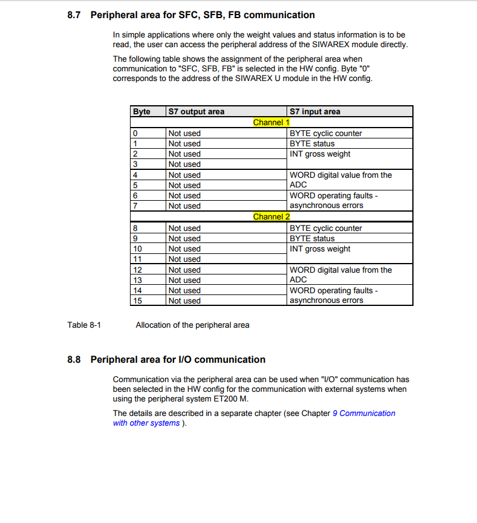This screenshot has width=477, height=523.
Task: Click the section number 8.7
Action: (74, 15)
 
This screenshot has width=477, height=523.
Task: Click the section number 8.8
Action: (74, 360)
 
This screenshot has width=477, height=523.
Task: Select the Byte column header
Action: (141, 112)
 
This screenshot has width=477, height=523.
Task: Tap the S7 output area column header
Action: (196, 112)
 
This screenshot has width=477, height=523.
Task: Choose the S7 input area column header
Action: (315, 112)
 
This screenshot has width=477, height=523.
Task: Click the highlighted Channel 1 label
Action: (271, 122)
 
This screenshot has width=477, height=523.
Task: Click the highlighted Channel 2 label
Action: (271, 217)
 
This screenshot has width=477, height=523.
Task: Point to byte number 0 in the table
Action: (135, 134)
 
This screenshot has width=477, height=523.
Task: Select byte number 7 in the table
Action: (135, 206)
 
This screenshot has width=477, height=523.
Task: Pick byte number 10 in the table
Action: (137, 249)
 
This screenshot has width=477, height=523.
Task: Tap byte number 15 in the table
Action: (137, 301)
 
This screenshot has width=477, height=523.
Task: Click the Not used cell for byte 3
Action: (184, 164)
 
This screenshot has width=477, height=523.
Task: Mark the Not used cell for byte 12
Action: (184, 270)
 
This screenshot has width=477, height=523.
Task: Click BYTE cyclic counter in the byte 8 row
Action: (326, 229)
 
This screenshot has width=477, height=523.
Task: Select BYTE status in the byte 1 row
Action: (312, 144)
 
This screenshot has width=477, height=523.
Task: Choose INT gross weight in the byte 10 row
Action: (320, 249)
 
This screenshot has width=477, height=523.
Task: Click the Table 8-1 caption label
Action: (84, 325)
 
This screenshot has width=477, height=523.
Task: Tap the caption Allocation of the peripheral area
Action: (192, 325)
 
